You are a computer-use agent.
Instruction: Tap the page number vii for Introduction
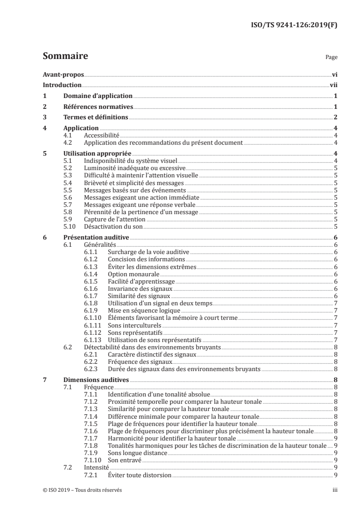333,85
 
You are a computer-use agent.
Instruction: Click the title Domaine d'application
98,96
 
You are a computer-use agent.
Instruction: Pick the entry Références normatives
98,107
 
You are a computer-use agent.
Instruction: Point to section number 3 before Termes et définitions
44,118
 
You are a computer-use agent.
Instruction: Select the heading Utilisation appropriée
97,153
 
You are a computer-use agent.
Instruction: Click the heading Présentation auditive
96,237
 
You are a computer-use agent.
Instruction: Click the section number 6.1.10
93,318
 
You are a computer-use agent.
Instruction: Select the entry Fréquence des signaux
133,362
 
